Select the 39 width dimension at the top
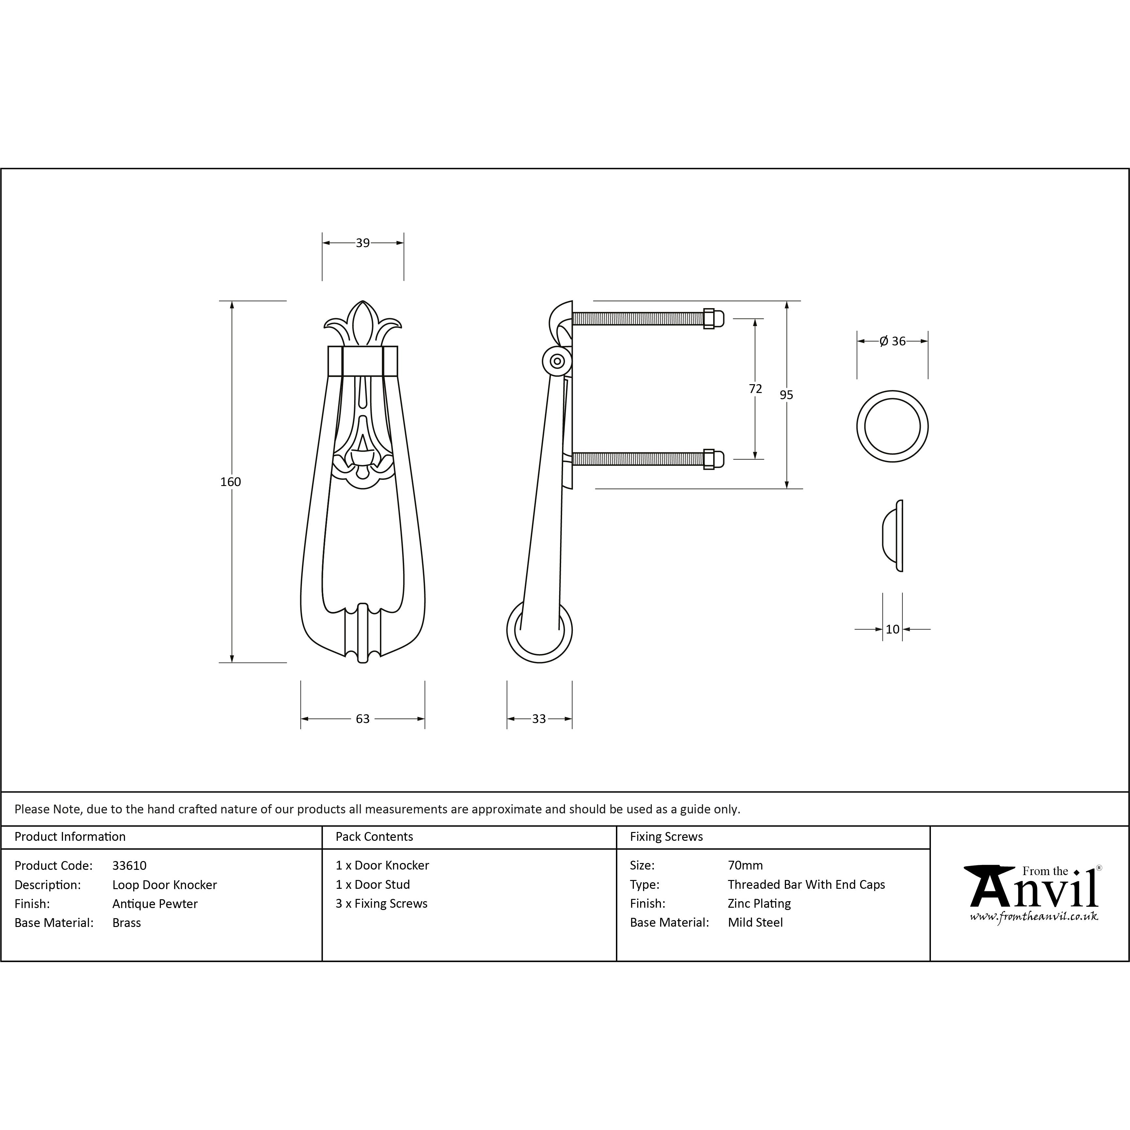(363, 243)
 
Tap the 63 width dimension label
(363, 719)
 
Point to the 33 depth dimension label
(539, 719)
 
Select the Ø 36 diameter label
(892, 341)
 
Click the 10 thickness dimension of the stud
(892, 629)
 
